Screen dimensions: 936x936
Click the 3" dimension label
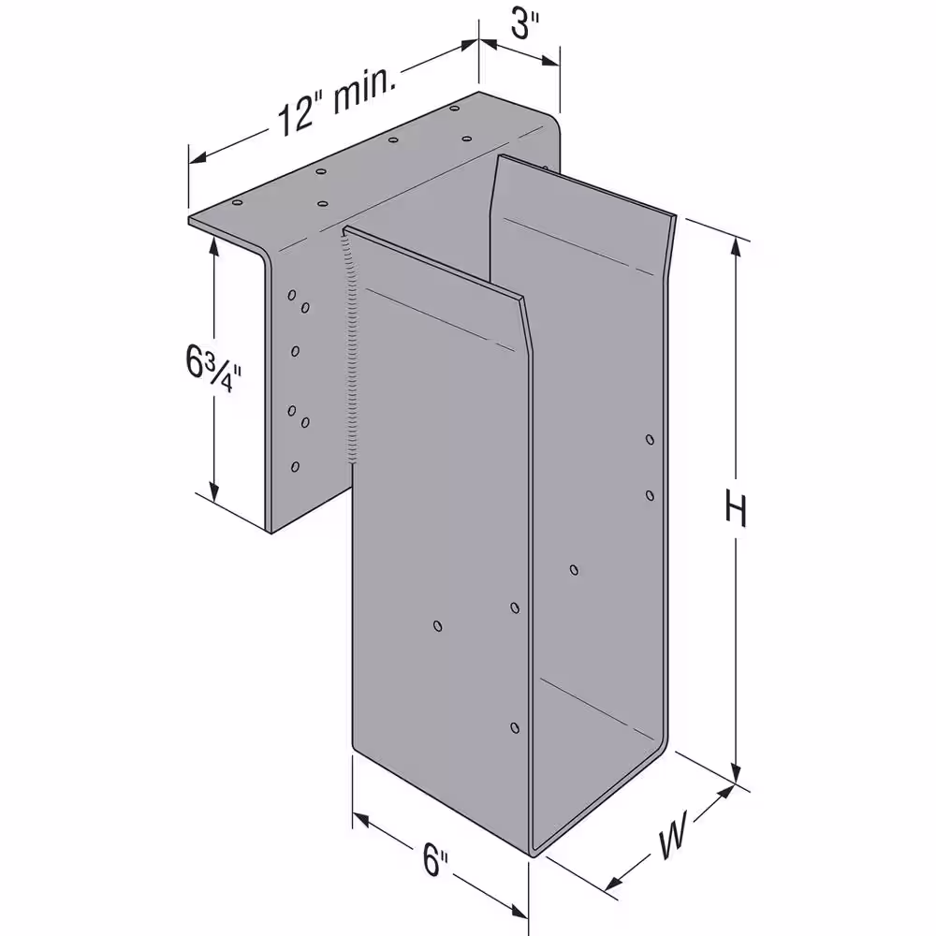coord(524,25)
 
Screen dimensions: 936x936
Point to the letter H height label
coord(736,508)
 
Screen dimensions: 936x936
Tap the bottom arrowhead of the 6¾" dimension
coord(214,490)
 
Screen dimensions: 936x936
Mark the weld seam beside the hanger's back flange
coord(352,347)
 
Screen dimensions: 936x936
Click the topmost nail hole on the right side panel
coord(651,440)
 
